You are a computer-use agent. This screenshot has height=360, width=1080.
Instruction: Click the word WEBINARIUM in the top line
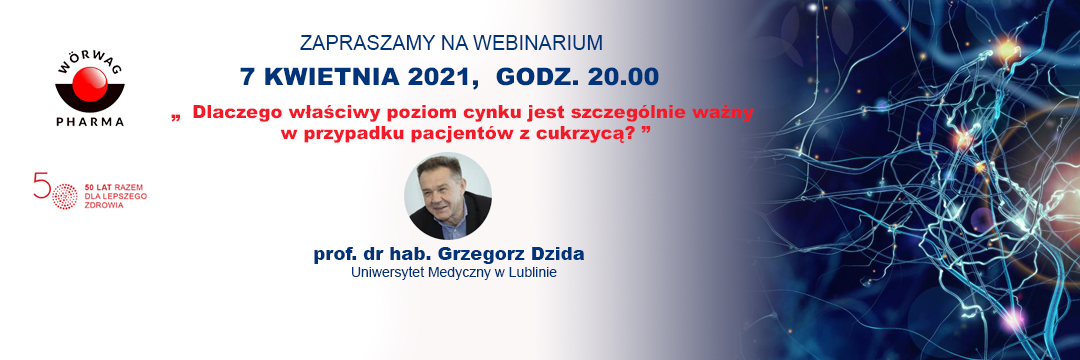click(537, 43)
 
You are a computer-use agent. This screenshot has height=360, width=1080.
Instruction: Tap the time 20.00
click(625, 76)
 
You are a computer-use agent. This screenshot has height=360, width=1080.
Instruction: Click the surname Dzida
click(557, 254)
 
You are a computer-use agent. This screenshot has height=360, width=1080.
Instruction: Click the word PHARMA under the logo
click(90, 122)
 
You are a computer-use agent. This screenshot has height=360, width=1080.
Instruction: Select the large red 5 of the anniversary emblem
click(41, 185)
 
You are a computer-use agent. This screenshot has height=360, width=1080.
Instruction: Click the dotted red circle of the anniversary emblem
click(65, 196)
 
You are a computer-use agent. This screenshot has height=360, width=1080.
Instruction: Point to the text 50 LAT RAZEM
click(112, 187)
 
